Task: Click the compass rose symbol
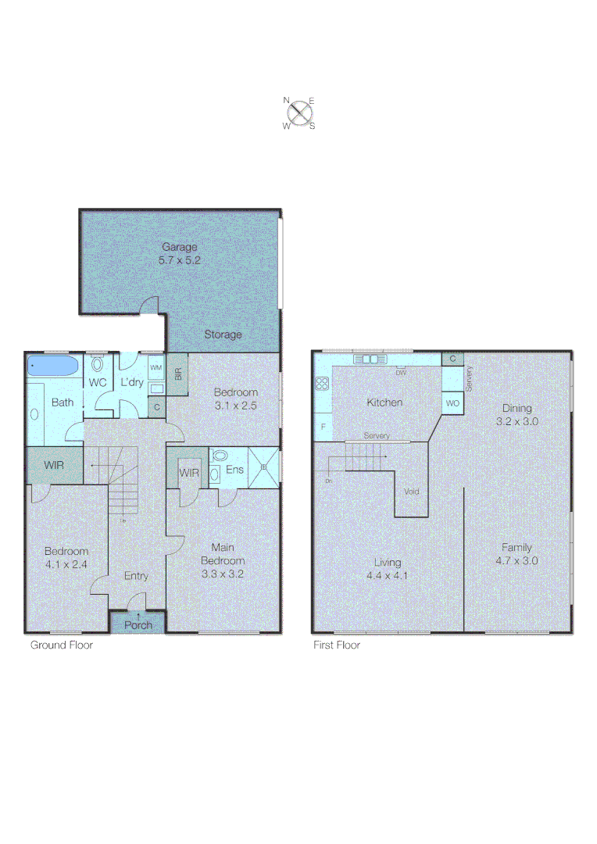[x=298, y=113]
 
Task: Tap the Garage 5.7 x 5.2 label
[x=180, y=254]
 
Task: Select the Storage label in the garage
[x=223, y=334]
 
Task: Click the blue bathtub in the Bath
[x=53, y=366]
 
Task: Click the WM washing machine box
[x=156, y=367]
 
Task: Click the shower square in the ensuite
[x=263, y=467]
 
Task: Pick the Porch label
[x=138, y=624]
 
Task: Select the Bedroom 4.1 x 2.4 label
[x=66, y=557]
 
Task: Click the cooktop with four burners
[x=322, y=383]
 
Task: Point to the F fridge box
[x=322, y=427]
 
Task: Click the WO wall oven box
[x=452, y=402]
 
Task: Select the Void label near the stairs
[x=412, y=492]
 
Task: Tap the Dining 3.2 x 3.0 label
[x=517, y=414]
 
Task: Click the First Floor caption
[x=336, y=646]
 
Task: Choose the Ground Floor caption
[x=61, y=646]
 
